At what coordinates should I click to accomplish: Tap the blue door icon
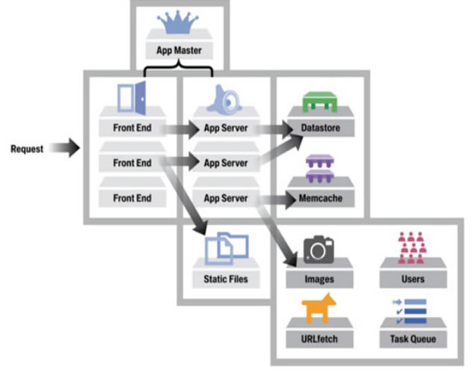coord(132,96)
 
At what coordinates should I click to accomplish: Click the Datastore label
coord(320,129)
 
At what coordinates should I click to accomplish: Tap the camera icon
coord(319,248)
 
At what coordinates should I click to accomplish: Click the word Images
coord(319,279)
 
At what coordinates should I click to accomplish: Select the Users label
coord(412,279)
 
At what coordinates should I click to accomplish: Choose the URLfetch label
coord(319,339)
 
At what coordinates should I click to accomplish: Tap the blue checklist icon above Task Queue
coord(412,309)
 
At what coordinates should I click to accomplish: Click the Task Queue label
coord(412,339)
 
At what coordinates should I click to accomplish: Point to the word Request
coord(27,149)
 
